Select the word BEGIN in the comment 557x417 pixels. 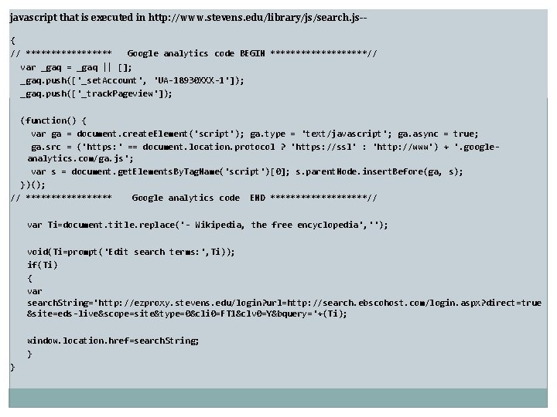click(252, 53)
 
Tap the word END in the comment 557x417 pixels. click(258, 198)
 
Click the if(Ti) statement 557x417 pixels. click(42, 265)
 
